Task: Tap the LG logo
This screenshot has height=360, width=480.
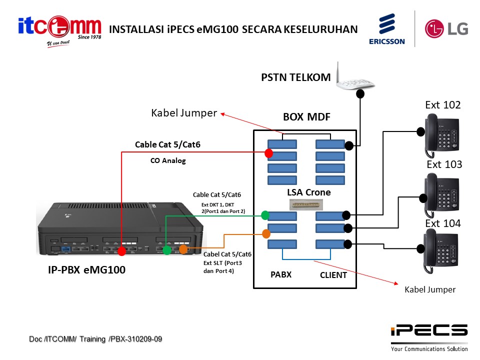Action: [446, 28]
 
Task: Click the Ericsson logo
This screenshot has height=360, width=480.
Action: [386, 29]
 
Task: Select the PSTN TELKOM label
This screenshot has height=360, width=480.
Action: [295, 77]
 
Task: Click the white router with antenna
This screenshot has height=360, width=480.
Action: [356, 79]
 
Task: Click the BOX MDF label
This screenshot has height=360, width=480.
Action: [306, 118]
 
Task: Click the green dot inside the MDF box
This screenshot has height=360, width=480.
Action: [265, 215]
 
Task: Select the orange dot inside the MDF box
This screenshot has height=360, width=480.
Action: [265, 233]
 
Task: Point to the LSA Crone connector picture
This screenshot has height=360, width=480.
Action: [306, 204]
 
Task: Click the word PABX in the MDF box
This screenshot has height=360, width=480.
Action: [280, 274]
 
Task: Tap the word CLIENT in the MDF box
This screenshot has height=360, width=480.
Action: [333, 275]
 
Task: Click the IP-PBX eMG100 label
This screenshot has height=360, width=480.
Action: [83, 270]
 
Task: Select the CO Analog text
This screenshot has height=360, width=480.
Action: [168, 161]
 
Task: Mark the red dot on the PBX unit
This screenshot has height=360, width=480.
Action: [121, 250]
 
